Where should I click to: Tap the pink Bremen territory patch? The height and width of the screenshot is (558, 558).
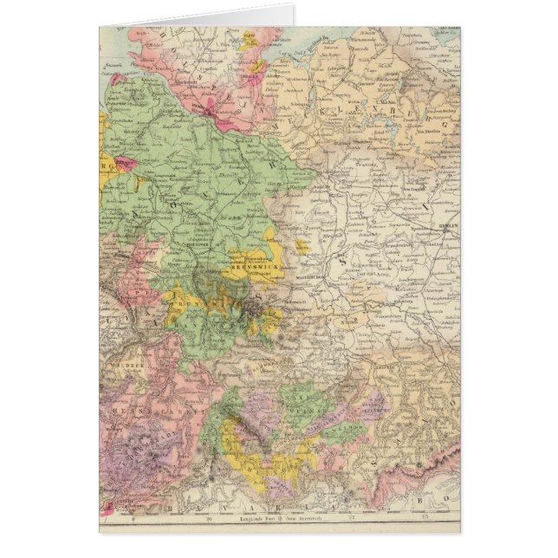click(x=127, y=164)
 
